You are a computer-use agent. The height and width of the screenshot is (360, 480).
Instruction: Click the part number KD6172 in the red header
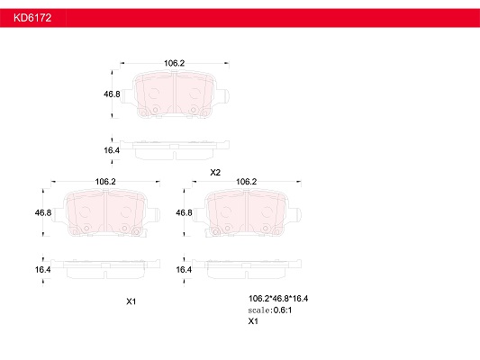click(32, 18)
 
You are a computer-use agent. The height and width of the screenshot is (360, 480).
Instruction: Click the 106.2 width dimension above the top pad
click(174, 63)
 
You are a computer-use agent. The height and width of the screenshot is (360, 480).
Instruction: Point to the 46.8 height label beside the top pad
click(112, 94)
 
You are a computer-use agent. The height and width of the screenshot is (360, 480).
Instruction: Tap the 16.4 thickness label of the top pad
click(112, 150)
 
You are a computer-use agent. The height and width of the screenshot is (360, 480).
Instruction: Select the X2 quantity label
click(215, 173)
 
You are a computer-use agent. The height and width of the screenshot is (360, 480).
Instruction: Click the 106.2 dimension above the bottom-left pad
click(105, 182)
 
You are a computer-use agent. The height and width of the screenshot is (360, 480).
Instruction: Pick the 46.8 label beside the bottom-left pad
click(43, 212)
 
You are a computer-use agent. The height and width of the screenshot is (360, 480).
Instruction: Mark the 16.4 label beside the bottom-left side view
click(43, 269)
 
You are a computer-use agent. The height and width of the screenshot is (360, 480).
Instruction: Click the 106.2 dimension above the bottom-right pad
click(246, 182)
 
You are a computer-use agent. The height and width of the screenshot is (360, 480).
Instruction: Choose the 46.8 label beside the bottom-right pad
click(184, 212)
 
